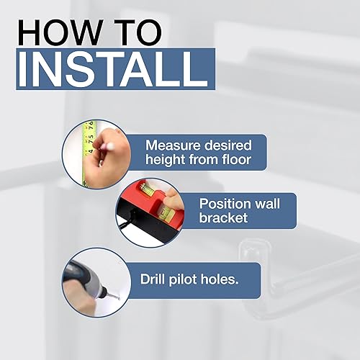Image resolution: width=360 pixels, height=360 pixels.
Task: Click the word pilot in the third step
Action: [198, 276]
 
